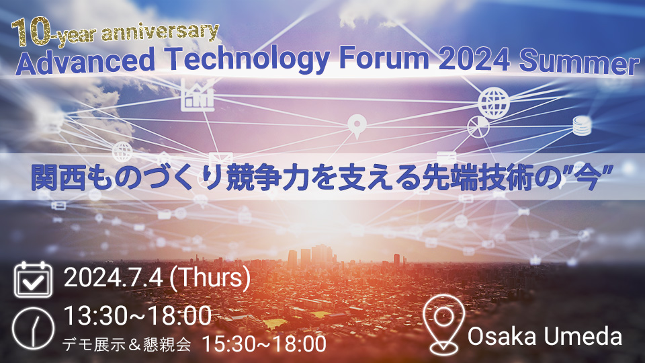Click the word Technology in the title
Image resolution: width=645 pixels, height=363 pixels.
click(x=248, y=60)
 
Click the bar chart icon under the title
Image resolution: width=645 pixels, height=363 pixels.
click(x=198, y=95)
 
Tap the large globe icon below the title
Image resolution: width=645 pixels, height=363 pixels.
click(x=494, y=103)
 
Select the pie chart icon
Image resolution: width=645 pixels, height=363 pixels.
click(x=478, y=127)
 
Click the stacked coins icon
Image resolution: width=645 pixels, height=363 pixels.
click(x=582, y=126)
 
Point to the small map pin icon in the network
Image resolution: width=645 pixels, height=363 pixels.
click(x=357, y=126)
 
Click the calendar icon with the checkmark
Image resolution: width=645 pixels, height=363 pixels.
click(x=33, y=280)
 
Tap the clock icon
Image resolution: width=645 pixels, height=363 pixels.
click(x=33, y=328)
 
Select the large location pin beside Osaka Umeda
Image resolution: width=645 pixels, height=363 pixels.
click(x=443, y=324)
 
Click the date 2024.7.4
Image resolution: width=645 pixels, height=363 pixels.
click(x=114, y=278)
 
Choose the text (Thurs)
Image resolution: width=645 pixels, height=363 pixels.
click(x=210, y=278)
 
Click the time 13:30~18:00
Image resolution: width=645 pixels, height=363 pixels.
click(x=138, y=316)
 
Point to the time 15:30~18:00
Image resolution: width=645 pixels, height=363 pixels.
click(x=265, y=344)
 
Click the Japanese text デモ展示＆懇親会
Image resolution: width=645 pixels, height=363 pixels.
click(x=127, y=344)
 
